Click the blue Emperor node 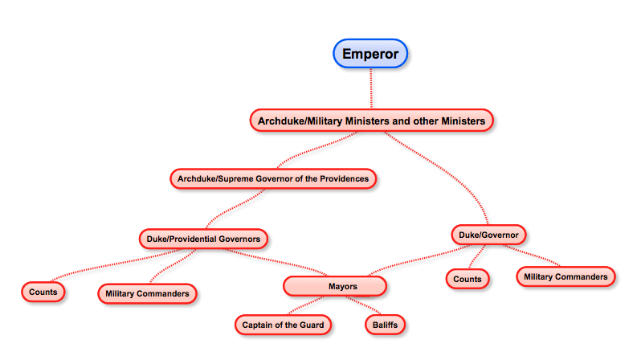(x=371, y=54)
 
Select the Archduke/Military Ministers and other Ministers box (x=371, y=121)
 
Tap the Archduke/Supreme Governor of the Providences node (x=274, y=178)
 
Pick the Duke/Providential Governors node (x=202, y=239)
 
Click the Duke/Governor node (x=488, y=235)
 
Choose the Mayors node (x=335, y=286)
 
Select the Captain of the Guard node (x=284, y=325)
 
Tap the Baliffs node (x=385, y=325)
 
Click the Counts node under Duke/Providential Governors (x=43, y=292)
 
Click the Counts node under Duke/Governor (x=467, y=279)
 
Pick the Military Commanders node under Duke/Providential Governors (x=147, y=294)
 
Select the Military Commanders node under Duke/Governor (x=565, y=276)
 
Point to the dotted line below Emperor (x=371, y=88)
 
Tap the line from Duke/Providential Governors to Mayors (x=273, y=262)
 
